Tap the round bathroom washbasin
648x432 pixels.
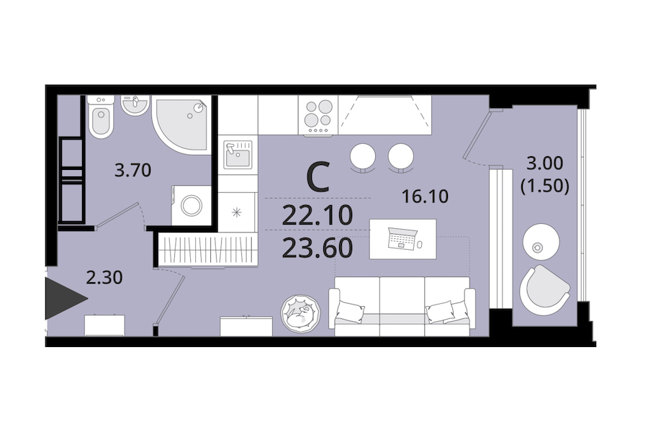(135, 104)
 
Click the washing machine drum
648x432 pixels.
(192, 205)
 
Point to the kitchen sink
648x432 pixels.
(238, 155)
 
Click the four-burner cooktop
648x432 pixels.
(318, 115)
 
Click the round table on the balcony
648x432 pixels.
(541, 242)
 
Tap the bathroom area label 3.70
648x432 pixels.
(132, 171)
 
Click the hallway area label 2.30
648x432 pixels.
(104, 278)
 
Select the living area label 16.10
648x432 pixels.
(426, 197)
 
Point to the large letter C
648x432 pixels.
(318, 177)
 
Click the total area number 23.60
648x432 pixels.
(318, 248)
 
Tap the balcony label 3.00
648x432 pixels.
(545, 163)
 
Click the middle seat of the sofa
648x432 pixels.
(402, 306)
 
